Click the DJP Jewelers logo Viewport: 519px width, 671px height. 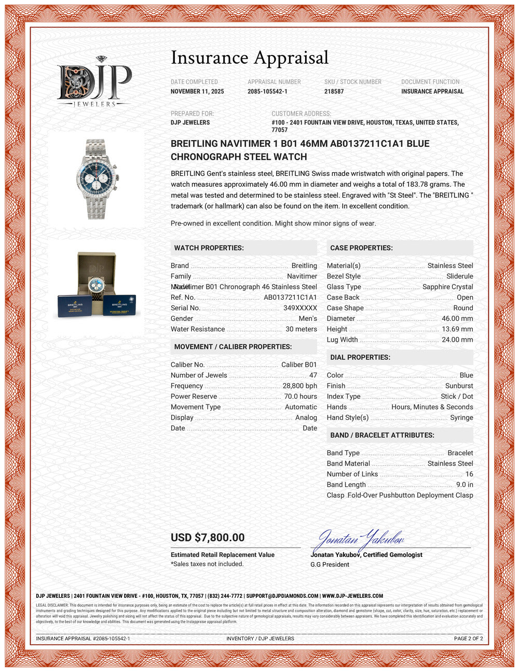94,82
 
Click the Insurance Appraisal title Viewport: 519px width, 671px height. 250,58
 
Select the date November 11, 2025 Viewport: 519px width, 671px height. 197,91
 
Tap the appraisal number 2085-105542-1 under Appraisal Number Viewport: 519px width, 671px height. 267,91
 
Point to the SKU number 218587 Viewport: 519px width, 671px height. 334,91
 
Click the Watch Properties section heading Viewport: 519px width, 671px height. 209,248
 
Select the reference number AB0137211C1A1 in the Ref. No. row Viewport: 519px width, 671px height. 290,297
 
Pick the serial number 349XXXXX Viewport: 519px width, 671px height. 300,308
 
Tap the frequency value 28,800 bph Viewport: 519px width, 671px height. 299,386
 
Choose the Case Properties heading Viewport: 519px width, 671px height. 361,248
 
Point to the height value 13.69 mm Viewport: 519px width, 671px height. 457,329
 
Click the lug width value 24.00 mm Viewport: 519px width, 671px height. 457,340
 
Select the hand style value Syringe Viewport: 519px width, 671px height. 461,417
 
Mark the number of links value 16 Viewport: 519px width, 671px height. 469,474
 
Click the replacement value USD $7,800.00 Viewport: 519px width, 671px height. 208,538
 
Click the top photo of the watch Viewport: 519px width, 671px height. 95,179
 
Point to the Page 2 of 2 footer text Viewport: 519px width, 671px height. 468,638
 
